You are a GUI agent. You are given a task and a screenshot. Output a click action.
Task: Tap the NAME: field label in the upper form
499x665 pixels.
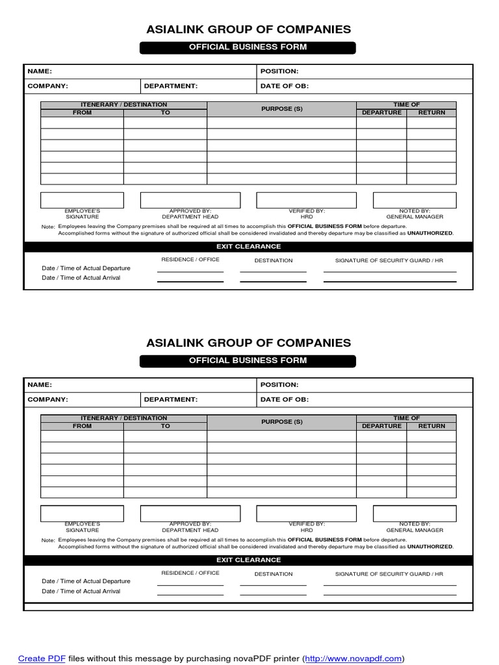click(40, 71)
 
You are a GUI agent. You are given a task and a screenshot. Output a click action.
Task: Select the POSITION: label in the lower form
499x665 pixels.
click(279, 385)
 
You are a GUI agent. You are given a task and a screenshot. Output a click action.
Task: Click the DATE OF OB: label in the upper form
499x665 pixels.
click(285, 86)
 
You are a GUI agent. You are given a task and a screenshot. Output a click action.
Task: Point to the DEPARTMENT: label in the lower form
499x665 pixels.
click(171, 400)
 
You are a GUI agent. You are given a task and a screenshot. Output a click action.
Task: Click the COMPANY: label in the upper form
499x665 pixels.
click(47, 86)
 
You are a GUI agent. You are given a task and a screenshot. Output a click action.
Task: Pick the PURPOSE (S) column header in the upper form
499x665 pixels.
click(282, 108)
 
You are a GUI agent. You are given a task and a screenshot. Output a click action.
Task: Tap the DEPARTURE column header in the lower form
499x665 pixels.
click(381, 426)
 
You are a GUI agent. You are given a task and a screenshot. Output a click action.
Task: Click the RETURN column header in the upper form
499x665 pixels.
click(431, 112)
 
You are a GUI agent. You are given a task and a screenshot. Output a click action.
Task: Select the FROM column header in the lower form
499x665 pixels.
click(83, 426)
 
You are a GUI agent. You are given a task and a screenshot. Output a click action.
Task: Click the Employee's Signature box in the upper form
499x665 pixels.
click(82, 200)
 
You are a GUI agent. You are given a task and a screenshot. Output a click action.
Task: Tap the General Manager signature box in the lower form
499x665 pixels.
click(415, 514)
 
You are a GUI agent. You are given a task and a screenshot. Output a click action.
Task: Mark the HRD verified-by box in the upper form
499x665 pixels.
click(307, 200)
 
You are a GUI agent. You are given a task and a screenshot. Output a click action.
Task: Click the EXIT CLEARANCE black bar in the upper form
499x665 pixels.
click(249, 247)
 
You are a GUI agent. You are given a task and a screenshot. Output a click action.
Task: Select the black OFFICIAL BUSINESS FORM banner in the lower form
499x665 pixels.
click(248, 360)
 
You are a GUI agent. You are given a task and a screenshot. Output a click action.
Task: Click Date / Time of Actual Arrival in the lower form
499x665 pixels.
click(81, 592)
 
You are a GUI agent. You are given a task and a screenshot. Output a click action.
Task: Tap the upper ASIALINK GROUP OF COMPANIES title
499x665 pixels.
click(248, 29)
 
